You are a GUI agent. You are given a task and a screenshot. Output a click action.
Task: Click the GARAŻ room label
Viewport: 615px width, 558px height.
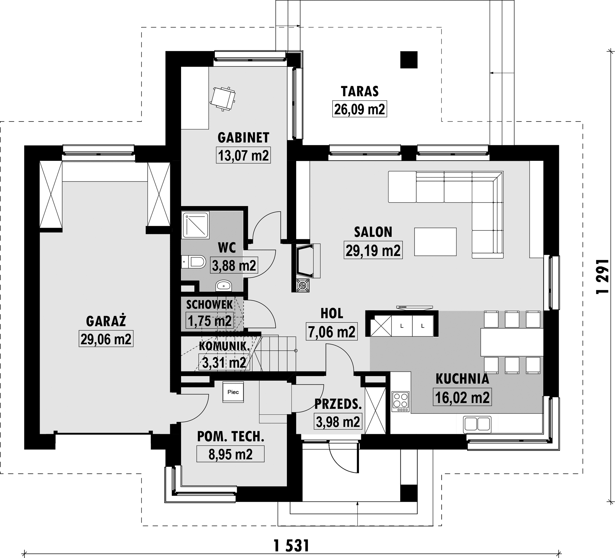tap(106, 321)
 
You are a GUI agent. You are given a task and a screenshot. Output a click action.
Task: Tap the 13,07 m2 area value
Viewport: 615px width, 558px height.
tap(243, 155)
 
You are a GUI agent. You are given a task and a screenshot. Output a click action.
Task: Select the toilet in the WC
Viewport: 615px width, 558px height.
tap(193, 261)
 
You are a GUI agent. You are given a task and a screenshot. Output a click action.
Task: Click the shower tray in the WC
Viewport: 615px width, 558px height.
tap(195, 225)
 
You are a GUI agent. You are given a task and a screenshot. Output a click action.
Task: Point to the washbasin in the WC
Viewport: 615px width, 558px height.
tap(224, 285)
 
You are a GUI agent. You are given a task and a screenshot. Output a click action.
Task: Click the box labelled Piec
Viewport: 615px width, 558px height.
tap(233, 392)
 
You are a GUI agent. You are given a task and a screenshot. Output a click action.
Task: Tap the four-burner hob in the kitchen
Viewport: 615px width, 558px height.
tap(400, 401)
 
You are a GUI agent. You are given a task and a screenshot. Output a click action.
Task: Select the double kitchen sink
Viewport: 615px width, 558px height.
tap(477, 424)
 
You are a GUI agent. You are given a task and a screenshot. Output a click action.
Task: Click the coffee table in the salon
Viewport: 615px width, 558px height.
tap(436, 242)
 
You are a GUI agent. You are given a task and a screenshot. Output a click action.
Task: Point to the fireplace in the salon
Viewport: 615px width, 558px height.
tap(306, 261)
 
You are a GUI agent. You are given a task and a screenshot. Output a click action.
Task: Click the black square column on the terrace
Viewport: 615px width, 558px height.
tap(409, 60)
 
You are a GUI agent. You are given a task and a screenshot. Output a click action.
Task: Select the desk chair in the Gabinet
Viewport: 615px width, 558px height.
tap(223, 99)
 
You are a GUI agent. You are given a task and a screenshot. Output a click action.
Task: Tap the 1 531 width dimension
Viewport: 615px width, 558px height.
tap(291, 545)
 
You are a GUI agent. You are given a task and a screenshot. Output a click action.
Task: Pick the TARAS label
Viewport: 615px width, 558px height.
tap(360, 91)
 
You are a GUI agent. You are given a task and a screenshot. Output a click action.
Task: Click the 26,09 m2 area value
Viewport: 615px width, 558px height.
tap(359, 109)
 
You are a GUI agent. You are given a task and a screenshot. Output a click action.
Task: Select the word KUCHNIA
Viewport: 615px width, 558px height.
tap(462, 379)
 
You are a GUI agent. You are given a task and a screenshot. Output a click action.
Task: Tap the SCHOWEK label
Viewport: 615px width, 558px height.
tap(209, 304)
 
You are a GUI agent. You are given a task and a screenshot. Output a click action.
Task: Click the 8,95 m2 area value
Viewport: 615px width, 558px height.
tap(230, 454)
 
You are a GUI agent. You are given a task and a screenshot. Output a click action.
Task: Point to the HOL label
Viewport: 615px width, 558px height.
tap(332, 313)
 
